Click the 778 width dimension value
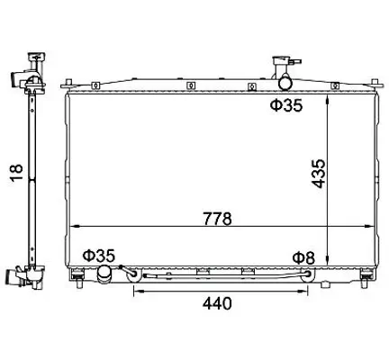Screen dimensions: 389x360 pyautogui.click(x=218, y=219)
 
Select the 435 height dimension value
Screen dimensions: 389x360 pyautogui.click(x=318, y=174)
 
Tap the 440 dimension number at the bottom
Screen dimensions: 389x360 pyautogui.click(x=217, y=303)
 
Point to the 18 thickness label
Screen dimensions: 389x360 pyautogui.click(x=17, y=173)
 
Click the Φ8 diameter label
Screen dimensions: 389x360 pyautogui.click(x=303, y=257)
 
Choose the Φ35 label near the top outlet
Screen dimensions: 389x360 pyautogui.click(x=286, y=105)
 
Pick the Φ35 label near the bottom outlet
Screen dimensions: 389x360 pyautogui.click(x=99, y=256)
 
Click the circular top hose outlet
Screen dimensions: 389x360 pyautogui.click(x=285, y=83)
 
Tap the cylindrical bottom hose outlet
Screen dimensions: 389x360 pyautogui.click(x=104, y=274)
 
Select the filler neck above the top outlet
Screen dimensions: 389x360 pyautogui.click(x=283, y=67)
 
